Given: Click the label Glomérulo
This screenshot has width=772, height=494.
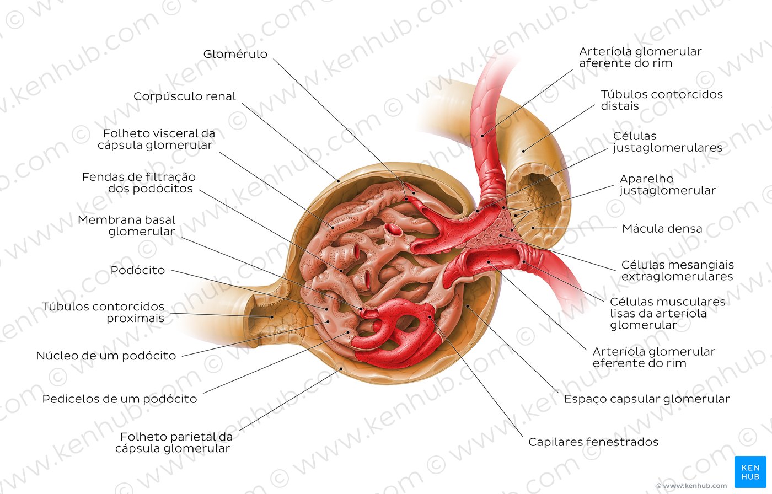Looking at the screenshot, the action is (x=235, y=54).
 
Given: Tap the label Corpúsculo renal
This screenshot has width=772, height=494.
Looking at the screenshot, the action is (x=184, y=96).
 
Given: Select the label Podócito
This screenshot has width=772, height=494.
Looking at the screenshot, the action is (x=137, y=270).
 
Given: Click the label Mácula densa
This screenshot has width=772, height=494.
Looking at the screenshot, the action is (x=662, y=229).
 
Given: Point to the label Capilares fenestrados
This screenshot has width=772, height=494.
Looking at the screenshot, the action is (x=593, y=442).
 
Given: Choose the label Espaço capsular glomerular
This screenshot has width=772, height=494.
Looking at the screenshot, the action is (x=647, y=399).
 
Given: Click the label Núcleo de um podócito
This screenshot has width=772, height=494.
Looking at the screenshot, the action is (x=106, y=356).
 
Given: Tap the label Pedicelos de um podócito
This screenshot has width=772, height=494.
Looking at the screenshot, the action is (x=120, y=399).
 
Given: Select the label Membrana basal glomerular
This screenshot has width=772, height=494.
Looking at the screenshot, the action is (x=126, y=225).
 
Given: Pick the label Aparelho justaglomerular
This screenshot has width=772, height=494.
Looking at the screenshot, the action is (x=668, y=185).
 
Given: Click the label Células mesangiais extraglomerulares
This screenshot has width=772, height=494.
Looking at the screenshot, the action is (x=677, y=270).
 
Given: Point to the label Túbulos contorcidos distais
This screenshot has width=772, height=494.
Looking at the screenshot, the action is (x=662, y=100).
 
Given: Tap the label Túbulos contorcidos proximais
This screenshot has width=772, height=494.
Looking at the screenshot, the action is (x=104, y=313).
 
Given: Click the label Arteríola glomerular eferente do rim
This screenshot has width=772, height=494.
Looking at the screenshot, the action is (x=654, y=357).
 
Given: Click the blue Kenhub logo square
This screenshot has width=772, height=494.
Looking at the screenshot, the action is (x=750, y=472).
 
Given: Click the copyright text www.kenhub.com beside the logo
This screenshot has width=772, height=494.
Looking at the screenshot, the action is (x=691, y=486).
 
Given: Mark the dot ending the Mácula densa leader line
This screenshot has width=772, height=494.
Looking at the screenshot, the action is (x=533, y=228).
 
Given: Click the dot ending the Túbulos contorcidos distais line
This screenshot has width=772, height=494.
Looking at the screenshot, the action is (x=523, y=151).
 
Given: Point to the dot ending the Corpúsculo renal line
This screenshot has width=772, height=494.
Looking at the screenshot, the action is (x=338, y=181).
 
